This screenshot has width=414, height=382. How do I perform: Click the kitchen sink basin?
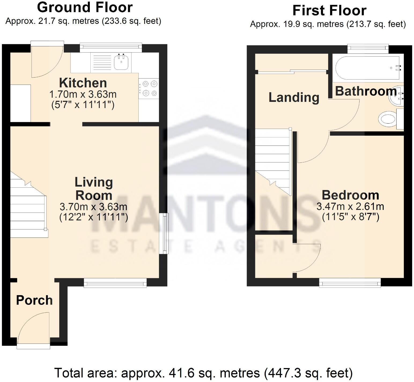click(x=121, y=63)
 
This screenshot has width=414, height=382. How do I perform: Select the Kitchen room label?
click(x=83, y=83)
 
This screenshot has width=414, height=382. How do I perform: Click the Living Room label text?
click(x=94, y=189)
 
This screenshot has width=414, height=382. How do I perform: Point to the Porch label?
click(x=34, y=300)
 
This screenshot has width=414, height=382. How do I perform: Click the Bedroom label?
click(x=350, y=195)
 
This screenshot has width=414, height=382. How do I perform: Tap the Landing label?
click(x=294, y=97)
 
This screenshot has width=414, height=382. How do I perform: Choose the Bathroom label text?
click(x=366, y=91)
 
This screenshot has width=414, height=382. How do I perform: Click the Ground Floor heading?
click(x=85, y=7)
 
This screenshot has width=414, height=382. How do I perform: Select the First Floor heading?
click(x=329, y=10)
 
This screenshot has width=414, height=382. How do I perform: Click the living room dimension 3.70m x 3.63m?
click(x=93, y=207)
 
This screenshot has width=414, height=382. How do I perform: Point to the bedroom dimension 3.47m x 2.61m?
click(x=350, y=206)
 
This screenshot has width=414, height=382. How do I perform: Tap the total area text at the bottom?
click(x=203, y=373)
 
